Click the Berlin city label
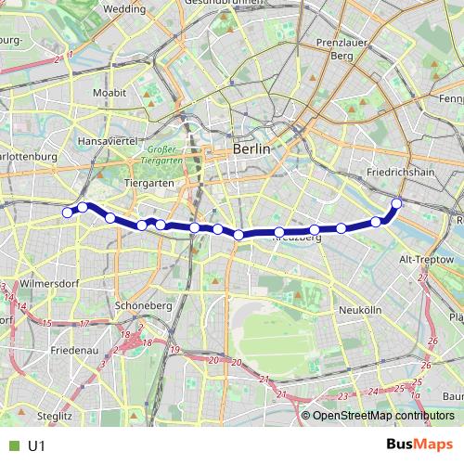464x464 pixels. (251, 148)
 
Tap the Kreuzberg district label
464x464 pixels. (297, 238)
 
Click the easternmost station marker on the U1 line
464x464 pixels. (397, 203)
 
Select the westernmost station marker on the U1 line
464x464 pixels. (68, 213)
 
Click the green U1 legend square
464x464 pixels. (12, 445)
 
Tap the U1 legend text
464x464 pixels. (37, 445)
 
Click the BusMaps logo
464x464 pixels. (419, 445)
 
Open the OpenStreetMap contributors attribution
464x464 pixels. (382, 417)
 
